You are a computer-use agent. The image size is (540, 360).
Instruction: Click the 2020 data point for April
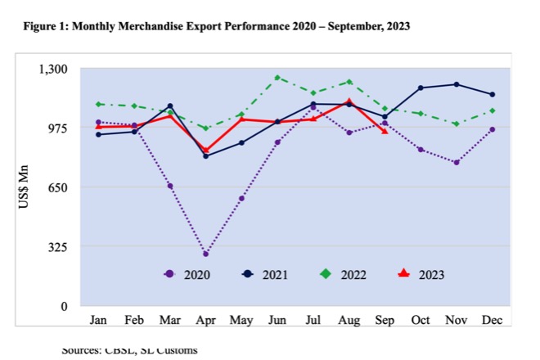tap(206, 254)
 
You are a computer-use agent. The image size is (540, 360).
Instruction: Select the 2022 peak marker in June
tap(277, 78)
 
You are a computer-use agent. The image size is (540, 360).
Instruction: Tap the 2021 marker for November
tap(457, 84)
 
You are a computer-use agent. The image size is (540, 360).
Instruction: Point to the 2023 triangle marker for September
tap(385, 131)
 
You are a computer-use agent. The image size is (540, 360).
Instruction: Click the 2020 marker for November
tap(457, 163)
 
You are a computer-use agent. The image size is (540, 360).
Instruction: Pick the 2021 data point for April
tap(206, 155)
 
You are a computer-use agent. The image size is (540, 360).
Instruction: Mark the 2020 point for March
tap(170, 187)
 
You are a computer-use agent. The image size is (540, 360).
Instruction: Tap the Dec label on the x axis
tap(492, 318)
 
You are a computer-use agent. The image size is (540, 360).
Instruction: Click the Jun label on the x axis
tap(277, 318)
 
